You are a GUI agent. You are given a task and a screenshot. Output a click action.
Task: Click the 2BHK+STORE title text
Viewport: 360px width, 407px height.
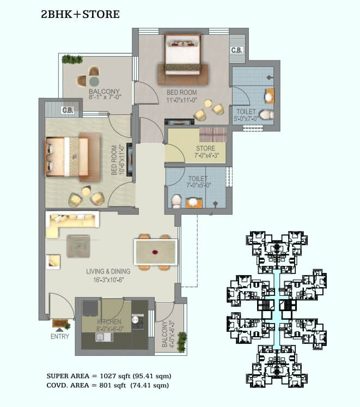click(80, 14)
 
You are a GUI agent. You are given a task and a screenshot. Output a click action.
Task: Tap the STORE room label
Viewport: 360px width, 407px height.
click(205, 149)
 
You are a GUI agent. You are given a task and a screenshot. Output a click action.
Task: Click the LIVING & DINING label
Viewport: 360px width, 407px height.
click(108, 271)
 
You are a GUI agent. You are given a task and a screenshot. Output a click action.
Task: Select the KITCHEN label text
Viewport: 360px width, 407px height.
click(109, 322)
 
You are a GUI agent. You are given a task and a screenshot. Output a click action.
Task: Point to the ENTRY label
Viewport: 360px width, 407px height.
click(60, 337)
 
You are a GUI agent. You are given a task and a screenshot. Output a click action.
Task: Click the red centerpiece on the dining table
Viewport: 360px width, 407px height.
click(155, 252)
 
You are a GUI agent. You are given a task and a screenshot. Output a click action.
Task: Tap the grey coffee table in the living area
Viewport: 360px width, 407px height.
click(78, 246)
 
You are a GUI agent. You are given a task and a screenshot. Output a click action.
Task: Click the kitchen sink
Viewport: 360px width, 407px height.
click(104, 337)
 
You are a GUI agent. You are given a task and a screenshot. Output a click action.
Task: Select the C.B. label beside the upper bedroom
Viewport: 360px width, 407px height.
click(237, 50)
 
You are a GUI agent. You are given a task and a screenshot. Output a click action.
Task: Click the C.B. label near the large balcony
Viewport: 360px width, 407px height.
click(68, 110)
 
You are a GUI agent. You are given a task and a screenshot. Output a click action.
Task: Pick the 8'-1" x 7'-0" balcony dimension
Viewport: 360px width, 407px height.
click(105, 98)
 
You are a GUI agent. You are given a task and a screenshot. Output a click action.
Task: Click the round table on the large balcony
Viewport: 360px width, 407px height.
click(94, 81)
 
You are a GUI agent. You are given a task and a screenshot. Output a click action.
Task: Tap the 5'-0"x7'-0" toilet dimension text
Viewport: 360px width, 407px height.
click(246, 119)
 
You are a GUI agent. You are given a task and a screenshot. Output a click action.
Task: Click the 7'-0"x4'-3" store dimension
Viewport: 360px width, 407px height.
click(207, 155)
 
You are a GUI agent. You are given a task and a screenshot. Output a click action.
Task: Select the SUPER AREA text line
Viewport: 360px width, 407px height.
click(109, 376)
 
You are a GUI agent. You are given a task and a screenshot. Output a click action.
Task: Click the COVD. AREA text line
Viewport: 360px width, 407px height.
click(108, 385)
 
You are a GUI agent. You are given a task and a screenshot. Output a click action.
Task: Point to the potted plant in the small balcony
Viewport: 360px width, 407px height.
click(182, 342)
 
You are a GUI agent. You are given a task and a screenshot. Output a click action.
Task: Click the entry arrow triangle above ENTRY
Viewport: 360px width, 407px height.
click(59, 330)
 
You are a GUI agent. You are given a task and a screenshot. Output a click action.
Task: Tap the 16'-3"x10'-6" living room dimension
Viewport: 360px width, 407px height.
click(108, 280)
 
